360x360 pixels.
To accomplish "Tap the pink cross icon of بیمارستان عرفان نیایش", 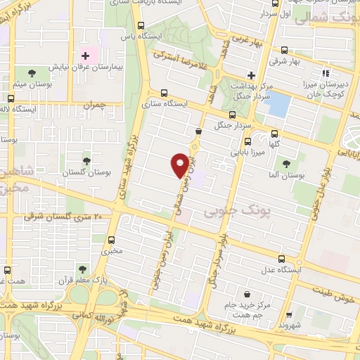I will point(86,56).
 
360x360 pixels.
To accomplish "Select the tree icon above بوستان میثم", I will point(31,72).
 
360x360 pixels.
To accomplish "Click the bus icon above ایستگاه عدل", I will point(281,259).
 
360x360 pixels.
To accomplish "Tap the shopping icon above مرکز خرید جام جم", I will point(246,294).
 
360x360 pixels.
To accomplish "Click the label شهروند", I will point(289,326).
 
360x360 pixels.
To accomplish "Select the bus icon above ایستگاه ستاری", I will point(165,92).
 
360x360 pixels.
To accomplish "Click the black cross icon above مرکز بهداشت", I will point(251,75).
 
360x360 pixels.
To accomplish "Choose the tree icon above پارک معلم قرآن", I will point(82,269).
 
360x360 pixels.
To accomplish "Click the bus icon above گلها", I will point(274,135).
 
